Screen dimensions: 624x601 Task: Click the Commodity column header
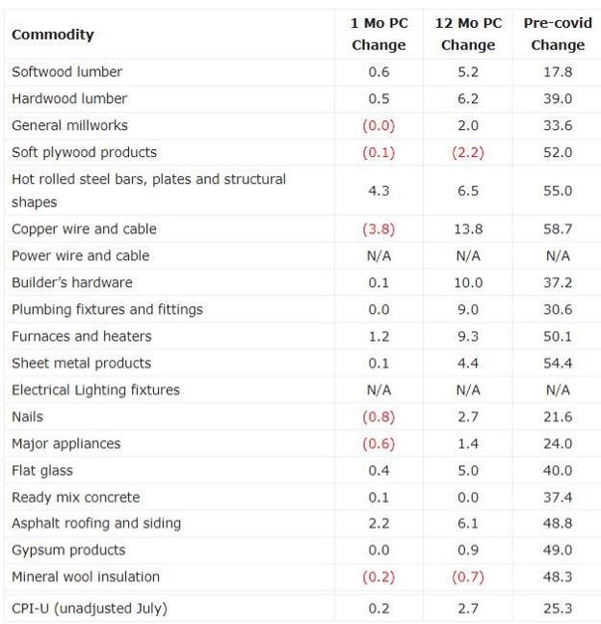(53, 35)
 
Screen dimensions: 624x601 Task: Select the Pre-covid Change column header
(558, 35)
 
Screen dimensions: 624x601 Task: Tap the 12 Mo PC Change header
(468, 35)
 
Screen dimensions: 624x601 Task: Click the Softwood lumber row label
(66, 72)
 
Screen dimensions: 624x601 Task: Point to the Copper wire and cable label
(84, 229)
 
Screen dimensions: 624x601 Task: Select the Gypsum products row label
(68, 550)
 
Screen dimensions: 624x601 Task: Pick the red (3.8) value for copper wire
(379, 229)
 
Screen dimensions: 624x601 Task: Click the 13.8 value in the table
(468, 229)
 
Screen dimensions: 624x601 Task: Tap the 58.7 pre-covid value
(558, 229)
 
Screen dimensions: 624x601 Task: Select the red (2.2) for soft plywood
(468, 152)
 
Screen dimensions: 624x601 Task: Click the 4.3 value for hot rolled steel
(379, 191)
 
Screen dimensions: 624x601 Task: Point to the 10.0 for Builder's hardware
(468, 282)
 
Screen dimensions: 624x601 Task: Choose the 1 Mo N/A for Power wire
(379, 256)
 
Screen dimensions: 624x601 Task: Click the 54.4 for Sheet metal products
(558, 363)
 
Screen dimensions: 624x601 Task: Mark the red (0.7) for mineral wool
(468, 577)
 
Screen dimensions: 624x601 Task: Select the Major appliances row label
(66, 444)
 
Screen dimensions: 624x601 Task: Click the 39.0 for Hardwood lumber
(558, 98)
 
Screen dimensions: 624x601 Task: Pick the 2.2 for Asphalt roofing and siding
(379, 523)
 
